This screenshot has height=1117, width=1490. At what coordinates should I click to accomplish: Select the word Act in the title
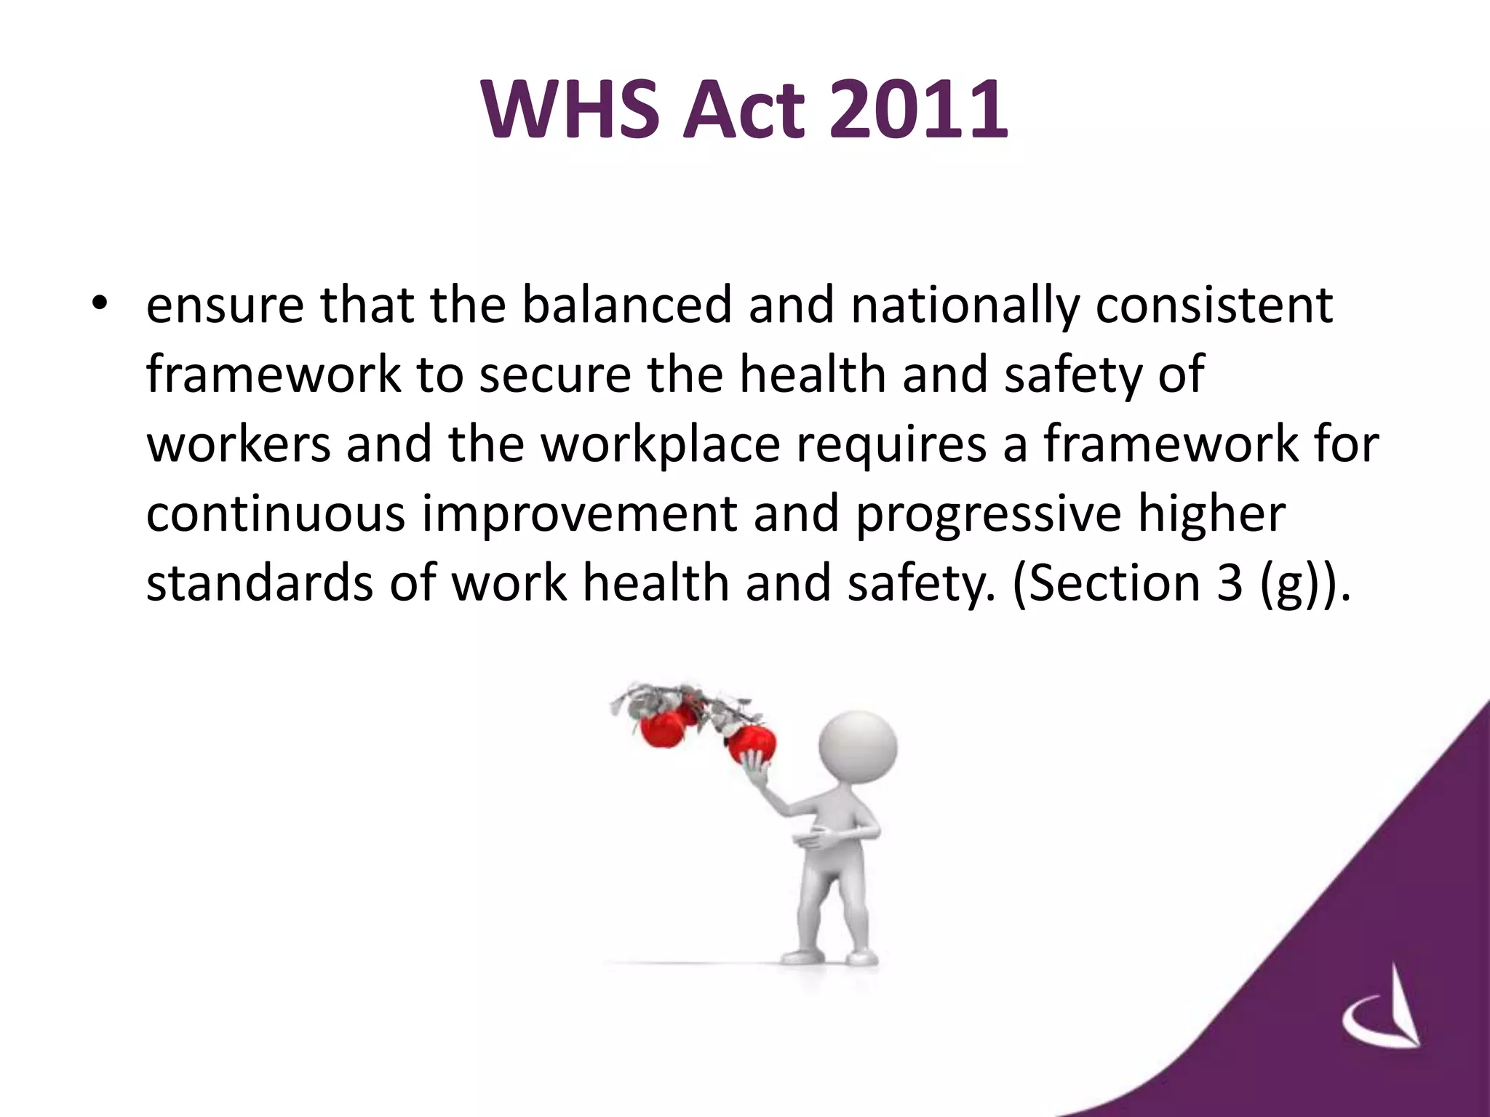click(x=744, y=111)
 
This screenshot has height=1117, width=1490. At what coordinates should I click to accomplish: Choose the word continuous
click(x=276, y=513)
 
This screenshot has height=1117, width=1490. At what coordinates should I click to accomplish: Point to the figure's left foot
click(x=857, y=956)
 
